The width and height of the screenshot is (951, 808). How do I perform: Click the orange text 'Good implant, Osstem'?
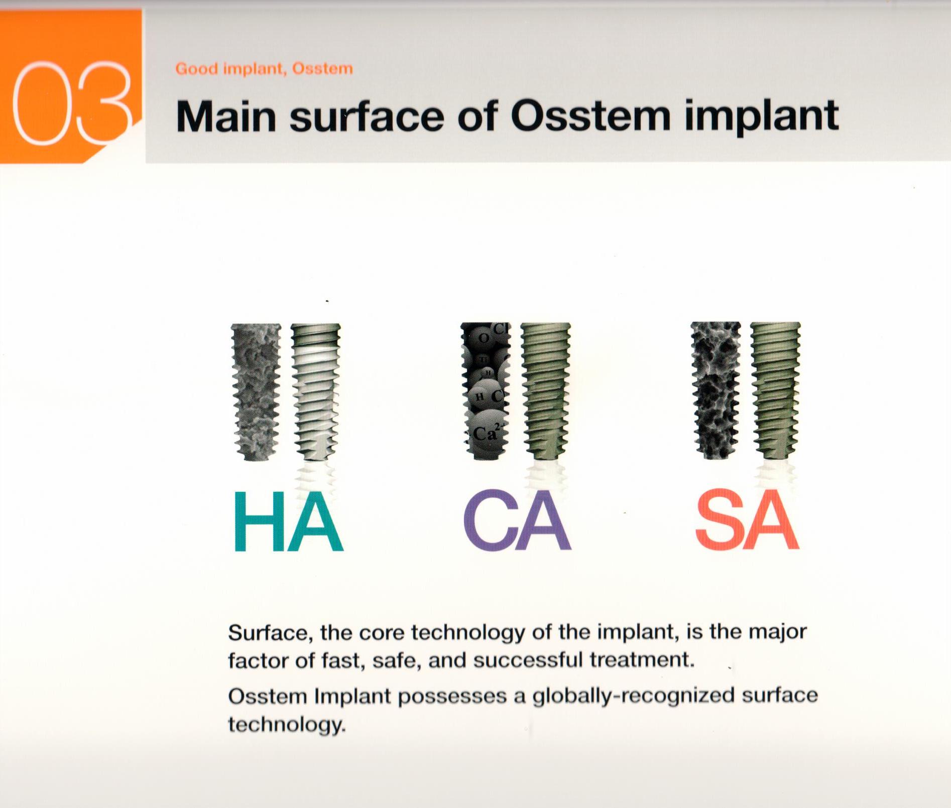pos(264,69)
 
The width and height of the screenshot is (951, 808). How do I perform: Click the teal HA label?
pos(288,522)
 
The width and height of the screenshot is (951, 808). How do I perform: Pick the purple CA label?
pos(517,522)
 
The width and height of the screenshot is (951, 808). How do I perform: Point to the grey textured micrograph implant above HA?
pos(256,391)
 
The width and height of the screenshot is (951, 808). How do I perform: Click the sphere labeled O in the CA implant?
pos(483,338)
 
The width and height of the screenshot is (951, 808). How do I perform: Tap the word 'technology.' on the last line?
pos(287,724)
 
